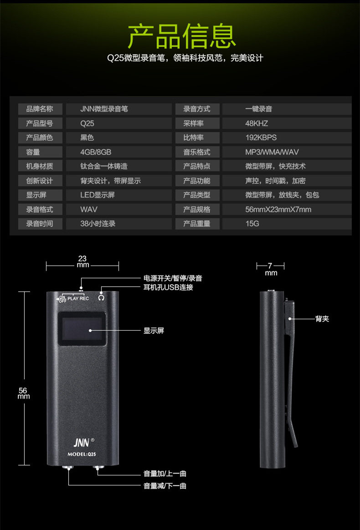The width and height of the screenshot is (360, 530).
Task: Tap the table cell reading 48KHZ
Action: click(x=257, y=123)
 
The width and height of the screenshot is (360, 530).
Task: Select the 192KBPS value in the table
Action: click(x=261, y=138)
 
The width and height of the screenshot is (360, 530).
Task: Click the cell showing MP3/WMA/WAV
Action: click(x=272, y=152)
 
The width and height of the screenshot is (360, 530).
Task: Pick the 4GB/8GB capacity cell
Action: click(x=96, y=152)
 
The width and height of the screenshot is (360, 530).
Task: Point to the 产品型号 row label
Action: click(x=40, y=123)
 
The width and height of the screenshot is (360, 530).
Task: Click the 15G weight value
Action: click(x=252, y=224)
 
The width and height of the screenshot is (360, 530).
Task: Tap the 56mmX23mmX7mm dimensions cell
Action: click(x=278, y=209)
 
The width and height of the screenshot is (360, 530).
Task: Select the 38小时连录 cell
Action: click(x=98, y=224)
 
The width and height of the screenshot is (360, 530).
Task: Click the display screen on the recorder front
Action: click(x=82, y=329)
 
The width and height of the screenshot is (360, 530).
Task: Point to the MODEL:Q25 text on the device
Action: click(x=82, y=454)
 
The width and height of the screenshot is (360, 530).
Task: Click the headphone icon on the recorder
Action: click(x=101, y=298)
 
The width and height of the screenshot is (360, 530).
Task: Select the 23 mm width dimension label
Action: click(x=82, y=261)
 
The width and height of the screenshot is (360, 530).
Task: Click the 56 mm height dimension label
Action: click(x=24, y=393)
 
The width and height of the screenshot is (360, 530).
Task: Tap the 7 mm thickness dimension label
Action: click(x=271, y=269)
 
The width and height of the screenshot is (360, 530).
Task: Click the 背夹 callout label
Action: click(x=322, y=319)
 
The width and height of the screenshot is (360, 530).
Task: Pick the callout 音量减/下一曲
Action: click(x=165, y=486)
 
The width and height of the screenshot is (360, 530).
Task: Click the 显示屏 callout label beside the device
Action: click(x=154, y=331)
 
